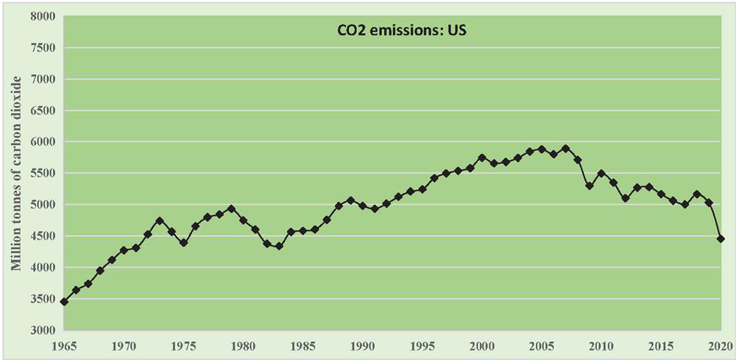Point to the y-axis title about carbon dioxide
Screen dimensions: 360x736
coord(16,183)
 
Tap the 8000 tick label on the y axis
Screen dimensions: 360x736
coord(39,16)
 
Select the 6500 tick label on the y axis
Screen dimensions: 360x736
coord(39,110)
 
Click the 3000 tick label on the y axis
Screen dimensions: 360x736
coord(39,331)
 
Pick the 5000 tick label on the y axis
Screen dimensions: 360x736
coord(39,205)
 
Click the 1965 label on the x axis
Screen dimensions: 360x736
coord(65,345)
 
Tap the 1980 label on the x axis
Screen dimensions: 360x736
coord(244,345)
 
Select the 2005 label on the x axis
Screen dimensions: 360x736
coord(542,345)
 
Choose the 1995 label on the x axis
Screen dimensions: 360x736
coord(422,345)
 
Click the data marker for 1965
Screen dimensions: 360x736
coord(65,301)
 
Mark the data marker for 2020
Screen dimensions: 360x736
coord(721,239)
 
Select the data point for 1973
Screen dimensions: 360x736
coord(160,220)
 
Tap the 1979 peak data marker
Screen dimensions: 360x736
coord(231,208)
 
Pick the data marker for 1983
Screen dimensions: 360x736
coord(279,246)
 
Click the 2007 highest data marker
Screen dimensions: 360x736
coord(565,148)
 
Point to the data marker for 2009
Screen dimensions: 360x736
coord(589,186)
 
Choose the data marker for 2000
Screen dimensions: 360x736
coord(482,158)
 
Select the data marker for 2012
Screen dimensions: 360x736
coord(625,198)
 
